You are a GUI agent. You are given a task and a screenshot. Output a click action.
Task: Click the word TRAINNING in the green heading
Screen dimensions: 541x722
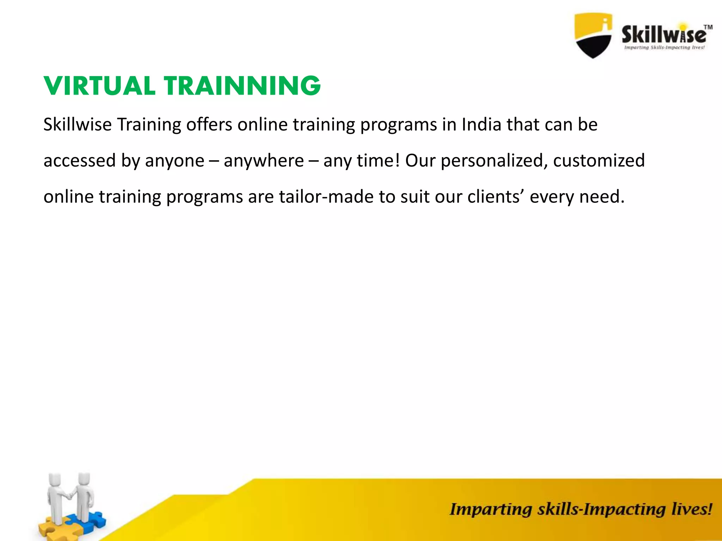coord(242,86)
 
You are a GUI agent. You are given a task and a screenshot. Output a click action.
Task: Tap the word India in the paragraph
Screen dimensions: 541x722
coord(481,124)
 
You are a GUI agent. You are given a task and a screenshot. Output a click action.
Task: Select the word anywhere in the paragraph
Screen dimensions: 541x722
coord(263,161)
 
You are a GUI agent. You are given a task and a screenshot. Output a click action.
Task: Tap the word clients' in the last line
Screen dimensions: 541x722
coord(496,197)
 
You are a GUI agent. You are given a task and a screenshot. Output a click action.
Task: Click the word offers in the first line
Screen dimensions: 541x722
coord(209,124)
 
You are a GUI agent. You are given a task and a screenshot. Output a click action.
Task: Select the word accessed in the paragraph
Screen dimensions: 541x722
coord(80,161)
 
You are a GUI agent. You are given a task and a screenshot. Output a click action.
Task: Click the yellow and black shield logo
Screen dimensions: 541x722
coord(593,35)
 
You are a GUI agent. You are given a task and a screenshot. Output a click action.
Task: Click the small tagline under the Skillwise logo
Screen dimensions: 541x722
coord(664,48)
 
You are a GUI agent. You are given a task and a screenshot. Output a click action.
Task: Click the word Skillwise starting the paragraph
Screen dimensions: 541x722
coord(77,124)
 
